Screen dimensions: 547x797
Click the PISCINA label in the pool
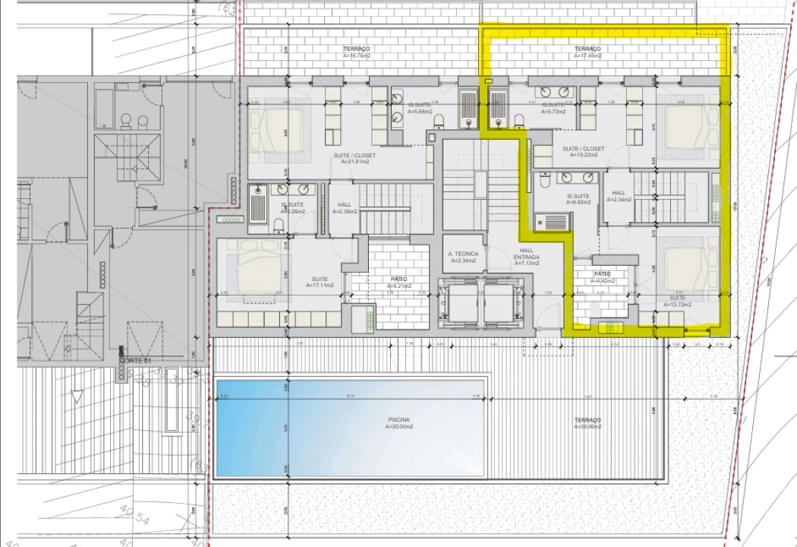coord(398,419)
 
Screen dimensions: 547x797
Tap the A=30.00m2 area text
coord(398,426)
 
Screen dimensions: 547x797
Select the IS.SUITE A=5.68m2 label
coord(419,108)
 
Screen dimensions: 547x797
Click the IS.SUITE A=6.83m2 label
coord(578,199)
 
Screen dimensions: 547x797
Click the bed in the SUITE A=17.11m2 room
coord(250,270)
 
